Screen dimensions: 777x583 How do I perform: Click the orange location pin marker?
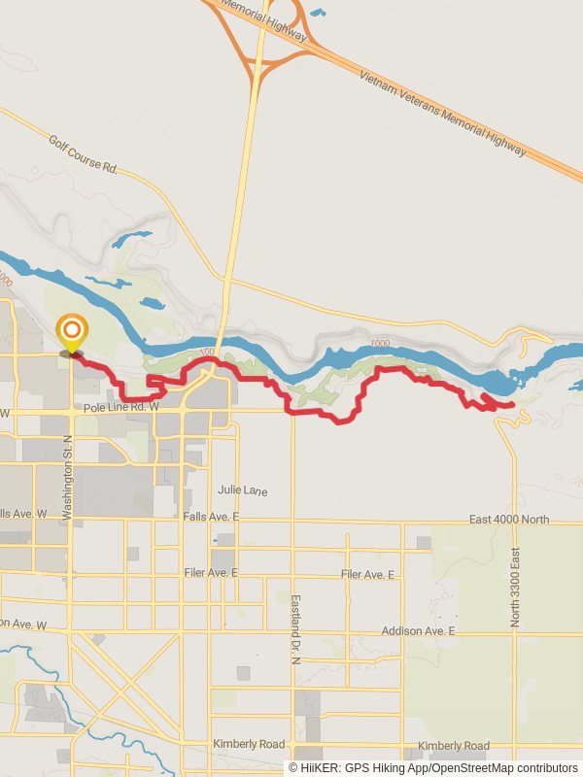pos(71,332)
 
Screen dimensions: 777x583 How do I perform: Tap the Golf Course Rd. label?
pos(83,154)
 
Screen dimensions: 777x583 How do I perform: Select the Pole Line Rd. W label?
pos(121,408)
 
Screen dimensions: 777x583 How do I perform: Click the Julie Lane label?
pos(242,491)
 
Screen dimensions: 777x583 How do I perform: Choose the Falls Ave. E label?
pos(211,516)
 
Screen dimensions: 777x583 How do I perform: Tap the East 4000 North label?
pos(508,520)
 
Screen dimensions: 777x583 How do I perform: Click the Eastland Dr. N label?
pos(296,629)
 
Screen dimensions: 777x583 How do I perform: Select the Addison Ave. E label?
pos(418,631)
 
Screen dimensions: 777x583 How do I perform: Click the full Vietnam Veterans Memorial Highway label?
pos(442,114)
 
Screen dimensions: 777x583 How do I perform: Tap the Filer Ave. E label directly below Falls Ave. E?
pos(211,573)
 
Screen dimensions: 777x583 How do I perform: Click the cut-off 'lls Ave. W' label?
pos(23,513)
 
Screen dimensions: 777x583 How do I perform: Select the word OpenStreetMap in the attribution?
pos(477,768)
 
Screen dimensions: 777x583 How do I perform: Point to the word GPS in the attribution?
pos(357,768)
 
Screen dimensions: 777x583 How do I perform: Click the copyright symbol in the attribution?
pos(292,768)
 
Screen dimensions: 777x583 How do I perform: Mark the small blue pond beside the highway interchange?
pos(318,14)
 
